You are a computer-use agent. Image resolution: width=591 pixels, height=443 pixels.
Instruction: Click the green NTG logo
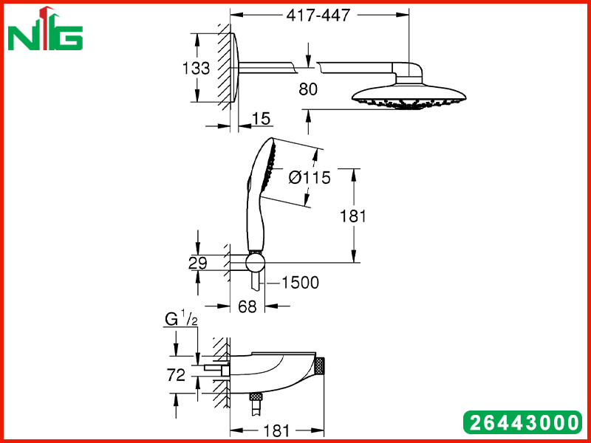click(45, 29)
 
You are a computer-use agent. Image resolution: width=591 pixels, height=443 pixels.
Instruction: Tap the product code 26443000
click(524, 422)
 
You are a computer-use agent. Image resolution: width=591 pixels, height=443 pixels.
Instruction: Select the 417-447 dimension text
click(318, 16)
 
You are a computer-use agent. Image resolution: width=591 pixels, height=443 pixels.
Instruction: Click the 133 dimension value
click(196, 69)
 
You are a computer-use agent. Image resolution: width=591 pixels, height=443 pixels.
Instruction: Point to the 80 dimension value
click(308, 89)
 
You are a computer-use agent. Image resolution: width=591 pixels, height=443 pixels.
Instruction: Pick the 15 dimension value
click(261, 119)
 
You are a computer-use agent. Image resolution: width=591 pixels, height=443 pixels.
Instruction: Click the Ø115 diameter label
click(310, 177)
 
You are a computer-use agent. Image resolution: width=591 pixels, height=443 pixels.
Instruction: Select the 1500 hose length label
click(301, 283)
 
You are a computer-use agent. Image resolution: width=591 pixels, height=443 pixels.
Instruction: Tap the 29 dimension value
click(198, 264)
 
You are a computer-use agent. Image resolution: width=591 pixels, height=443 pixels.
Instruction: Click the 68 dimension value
click(247, 306)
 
